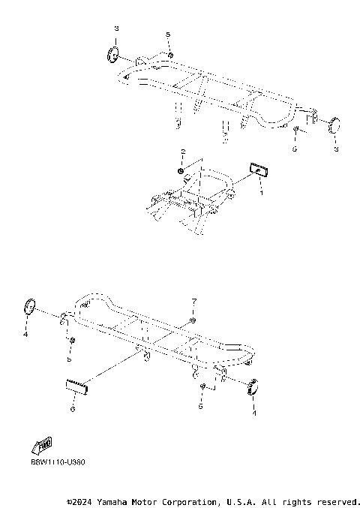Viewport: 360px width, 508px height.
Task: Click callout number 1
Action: coord(261,193)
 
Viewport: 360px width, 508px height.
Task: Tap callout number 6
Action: coord(72,409)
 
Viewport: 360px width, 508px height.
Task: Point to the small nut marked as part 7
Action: coord(193,321)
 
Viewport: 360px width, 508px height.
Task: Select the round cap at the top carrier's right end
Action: coord(333,123)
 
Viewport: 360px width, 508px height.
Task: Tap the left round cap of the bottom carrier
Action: coord(31,306)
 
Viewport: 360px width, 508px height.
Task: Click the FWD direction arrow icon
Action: coord(43,444)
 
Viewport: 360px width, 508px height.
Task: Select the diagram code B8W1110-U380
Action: coord(58,462)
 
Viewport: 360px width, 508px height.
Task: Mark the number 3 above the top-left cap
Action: coord(116,28)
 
